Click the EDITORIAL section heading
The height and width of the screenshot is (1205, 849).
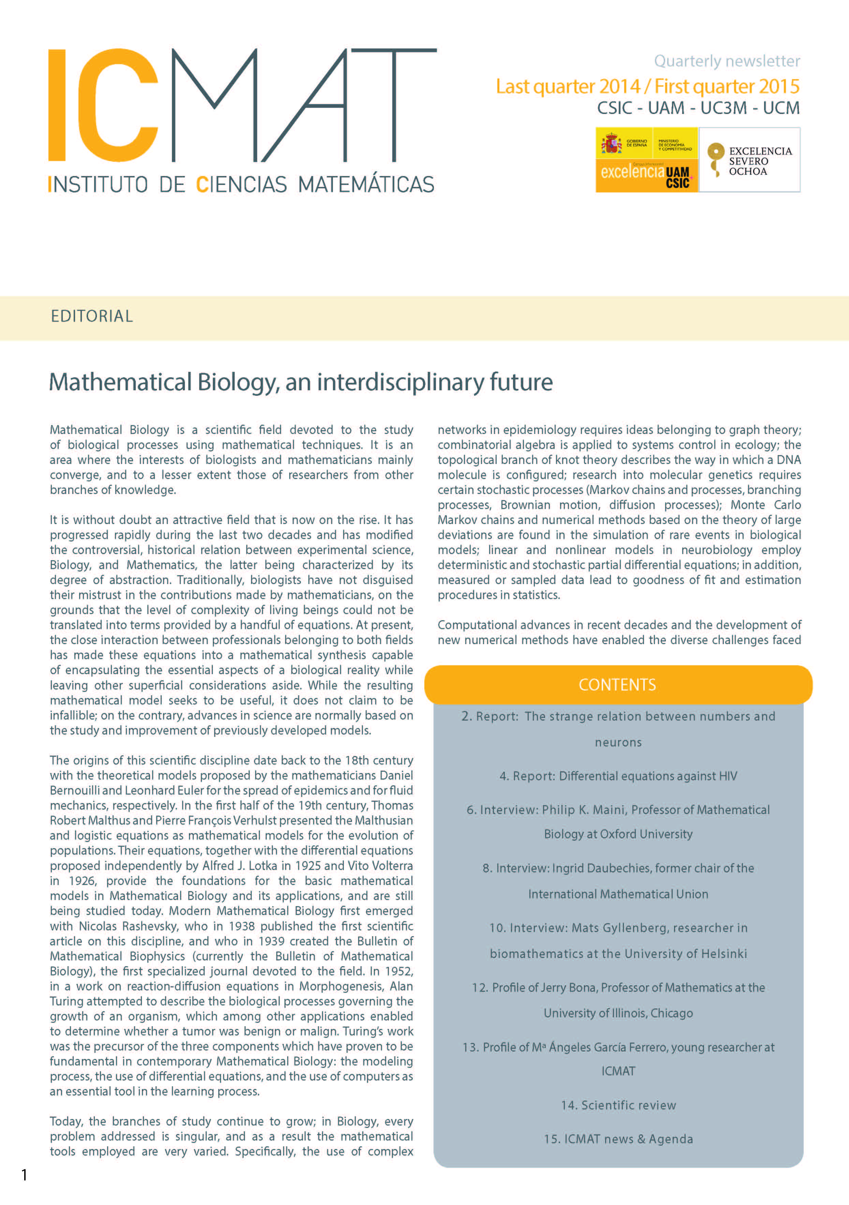tap(92, 316)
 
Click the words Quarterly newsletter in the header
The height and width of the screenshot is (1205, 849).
tap(727, 61)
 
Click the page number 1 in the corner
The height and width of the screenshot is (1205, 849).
tap(24, 1175)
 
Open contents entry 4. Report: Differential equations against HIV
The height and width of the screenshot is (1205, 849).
tap(618, 776)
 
